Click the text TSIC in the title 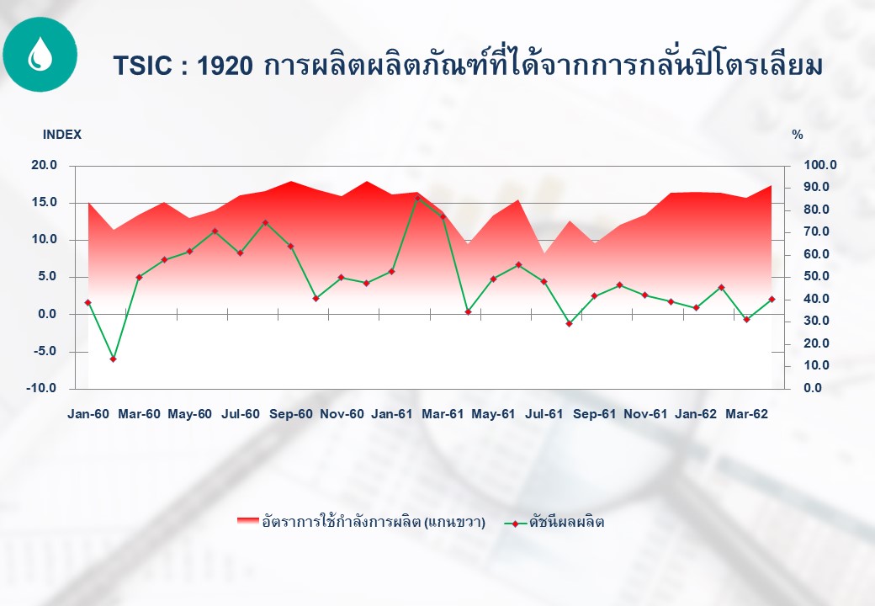142,66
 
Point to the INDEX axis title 62,135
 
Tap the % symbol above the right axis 798,135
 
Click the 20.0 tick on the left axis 44,165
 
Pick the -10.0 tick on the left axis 41,388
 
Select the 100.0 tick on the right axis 819,165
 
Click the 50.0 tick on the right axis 816,277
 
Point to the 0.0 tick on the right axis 813,388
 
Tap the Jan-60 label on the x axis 88,414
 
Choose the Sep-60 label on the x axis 291,414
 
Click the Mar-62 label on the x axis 746,414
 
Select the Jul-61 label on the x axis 544,414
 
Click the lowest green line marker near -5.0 114,359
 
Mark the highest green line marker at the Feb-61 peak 417,198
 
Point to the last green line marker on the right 772,300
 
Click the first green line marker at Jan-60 88,302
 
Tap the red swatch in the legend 247,522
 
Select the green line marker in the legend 515,524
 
